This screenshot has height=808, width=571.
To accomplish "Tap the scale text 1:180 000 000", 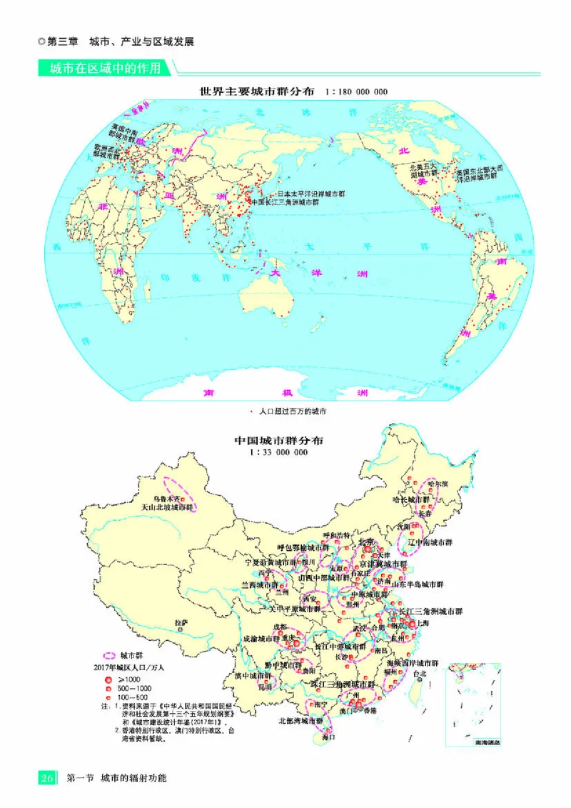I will click(355, 92).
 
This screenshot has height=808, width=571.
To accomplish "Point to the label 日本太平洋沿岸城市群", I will click(310, 194).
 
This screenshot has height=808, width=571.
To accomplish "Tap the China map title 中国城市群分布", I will click(279, 441).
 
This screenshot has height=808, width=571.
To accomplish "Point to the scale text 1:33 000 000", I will click(278, 452).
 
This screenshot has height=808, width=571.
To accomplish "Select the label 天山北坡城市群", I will click(167, 508).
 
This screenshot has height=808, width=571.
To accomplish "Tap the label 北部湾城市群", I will click(300, 721).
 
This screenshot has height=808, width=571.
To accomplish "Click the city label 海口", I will click(328, 737).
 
